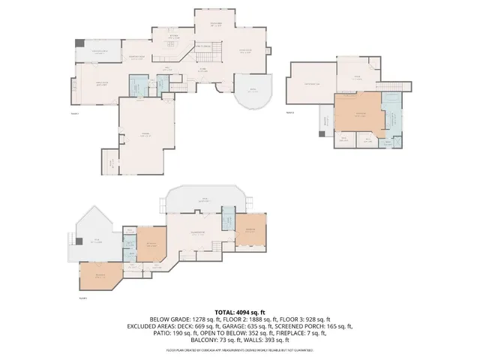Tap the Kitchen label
172,35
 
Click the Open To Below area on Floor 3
310,83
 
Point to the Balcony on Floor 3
325,120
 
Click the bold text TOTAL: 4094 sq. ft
240,311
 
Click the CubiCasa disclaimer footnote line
240,349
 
